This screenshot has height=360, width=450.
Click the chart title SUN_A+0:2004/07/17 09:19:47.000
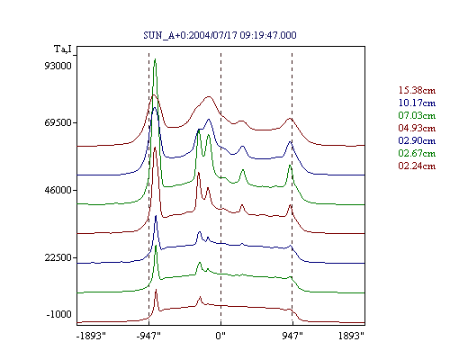[220, 35]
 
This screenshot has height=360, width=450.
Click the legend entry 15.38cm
[417, 90]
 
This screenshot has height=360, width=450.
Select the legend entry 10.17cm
[417, 103]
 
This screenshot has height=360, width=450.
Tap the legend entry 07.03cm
[417, 115]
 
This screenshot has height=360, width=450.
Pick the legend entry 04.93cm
[417, 128]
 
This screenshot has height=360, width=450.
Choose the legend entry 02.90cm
[417, 140]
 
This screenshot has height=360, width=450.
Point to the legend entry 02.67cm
[417, 153]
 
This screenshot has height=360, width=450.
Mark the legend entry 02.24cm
[417, 166]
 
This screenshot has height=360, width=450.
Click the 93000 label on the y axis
[58, 66]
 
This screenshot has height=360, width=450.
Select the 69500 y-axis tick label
[58, 122]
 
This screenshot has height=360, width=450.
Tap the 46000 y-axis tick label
[58, 190]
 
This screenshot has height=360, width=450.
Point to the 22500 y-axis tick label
[58, 257]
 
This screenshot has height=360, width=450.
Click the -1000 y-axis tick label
[59, 314]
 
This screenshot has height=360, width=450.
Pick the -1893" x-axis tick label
[91, 336]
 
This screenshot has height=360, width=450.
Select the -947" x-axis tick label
[148, 336]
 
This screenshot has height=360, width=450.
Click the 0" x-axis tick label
[220, 336]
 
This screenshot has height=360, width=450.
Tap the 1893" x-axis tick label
[351, 336]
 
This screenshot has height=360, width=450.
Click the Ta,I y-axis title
[63, 49]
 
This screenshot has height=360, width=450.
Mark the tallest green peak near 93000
[155, 59]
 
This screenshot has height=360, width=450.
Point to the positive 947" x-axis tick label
[292, 336]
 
